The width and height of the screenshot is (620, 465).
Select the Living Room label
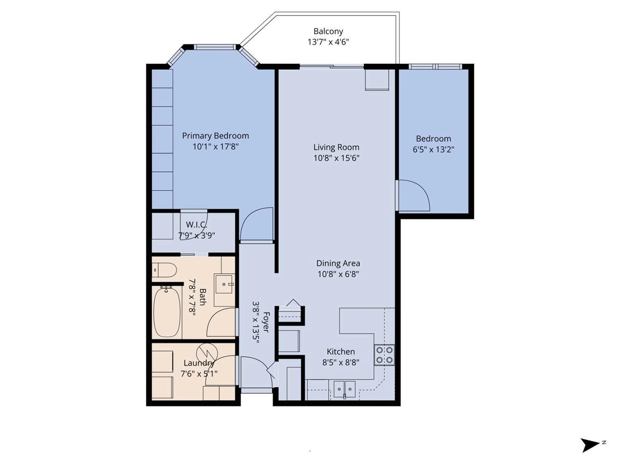336,147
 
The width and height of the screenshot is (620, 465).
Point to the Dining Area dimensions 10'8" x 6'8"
338,274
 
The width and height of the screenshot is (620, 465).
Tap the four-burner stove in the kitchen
384,355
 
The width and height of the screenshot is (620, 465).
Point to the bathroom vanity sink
224,284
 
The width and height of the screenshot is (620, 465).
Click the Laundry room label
199,363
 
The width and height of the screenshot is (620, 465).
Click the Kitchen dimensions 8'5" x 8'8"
341,362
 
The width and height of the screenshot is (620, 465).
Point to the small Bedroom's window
435,66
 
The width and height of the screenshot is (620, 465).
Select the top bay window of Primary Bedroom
215,47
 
